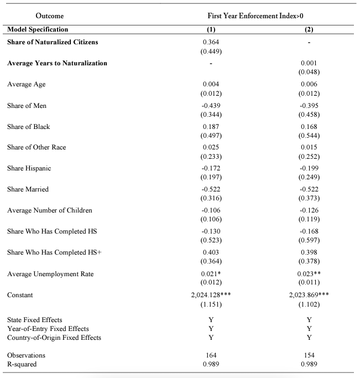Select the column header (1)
211,29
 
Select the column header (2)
309,29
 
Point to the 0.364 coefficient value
211,43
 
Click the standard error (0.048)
309,72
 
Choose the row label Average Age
27,84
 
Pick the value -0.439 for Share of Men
211,105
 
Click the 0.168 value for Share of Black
309,126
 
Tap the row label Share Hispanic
29,168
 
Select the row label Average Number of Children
50,210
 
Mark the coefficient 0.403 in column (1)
211,252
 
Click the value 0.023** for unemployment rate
309,273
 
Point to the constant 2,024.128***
211,295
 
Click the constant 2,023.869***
309,295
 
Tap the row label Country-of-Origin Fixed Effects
54,338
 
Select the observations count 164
211,355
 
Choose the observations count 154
309,355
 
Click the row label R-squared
23,364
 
